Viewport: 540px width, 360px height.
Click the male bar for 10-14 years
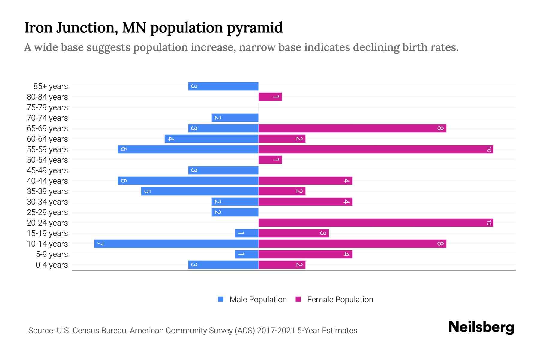(x=176, y=244)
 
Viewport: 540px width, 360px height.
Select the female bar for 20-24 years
(x=376, y=223)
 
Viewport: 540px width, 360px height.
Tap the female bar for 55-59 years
(x=376, y=149)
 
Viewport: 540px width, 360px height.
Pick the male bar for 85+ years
(x=223, y=86)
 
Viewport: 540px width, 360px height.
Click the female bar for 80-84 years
(x=270, y=97)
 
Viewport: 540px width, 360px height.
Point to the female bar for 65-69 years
(x=352, y=128)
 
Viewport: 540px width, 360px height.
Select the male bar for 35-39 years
(x=200, y=191)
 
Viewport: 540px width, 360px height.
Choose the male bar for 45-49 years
(x=223, y=170)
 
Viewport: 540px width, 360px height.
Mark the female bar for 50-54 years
(x=270, y=160)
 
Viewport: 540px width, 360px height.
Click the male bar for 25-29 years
(x=235, y=212)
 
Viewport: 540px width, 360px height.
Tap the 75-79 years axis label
(x=47, y=107)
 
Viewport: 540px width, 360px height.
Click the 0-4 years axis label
(x=52, y=265)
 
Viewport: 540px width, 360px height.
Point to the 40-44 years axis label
(x=47, y=181)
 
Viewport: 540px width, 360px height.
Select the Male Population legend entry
(x=252, y=299)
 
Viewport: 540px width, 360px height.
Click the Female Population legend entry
(x=334, y=299)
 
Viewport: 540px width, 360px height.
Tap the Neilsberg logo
(x=481, y=327)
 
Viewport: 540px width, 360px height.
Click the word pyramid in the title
(x=255, y=28)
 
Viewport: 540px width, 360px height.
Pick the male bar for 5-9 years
(x=247, y=254)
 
